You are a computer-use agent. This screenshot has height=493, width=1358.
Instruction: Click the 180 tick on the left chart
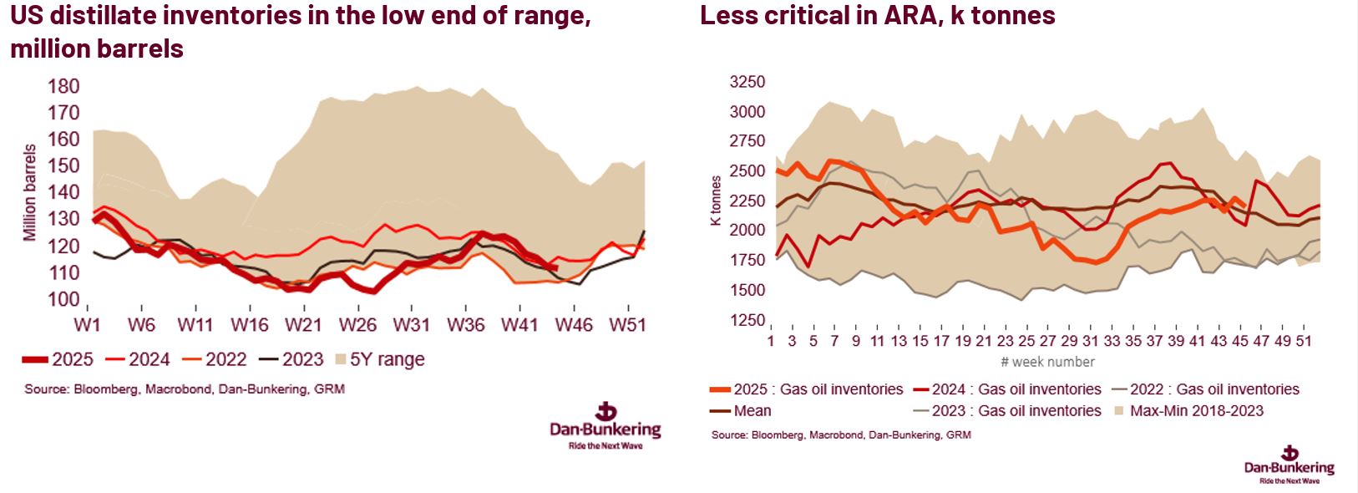point(64,87)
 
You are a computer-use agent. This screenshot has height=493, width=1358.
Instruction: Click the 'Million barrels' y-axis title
point(31,193)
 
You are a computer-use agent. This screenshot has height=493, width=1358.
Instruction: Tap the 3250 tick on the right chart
point(747,82)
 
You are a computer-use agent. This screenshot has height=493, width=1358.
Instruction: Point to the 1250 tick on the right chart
point(747,321)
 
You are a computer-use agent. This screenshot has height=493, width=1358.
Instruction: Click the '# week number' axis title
point(1047,362)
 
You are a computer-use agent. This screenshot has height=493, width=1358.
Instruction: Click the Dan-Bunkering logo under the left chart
point(606,424)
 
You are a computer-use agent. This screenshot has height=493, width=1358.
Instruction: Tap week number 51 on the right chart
point(1306,341)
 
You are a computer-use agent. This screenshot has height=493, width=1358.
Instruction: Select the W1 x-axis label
point(87,324)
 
